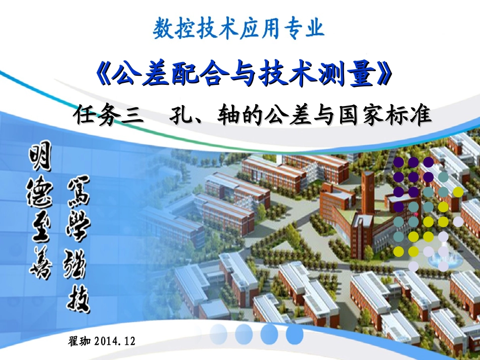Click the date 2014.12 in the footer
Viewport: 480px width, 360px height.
tap(115, 341)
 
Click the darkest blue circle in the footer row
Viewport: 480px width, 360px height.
tap(295, 334)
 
